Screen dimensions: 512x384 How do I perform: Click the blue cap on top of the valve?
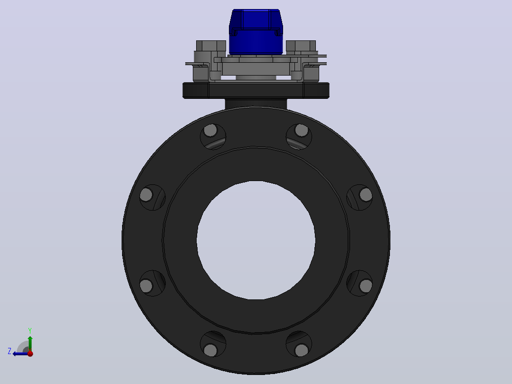[256, 32]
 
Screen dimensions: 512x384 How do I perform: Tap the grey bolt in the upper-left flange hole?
[210, 130]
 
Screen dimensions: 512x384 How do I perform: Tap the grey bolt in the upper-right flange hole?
[302, 130]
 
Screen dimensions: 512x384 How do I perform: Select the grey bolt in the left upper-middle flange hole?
[146, 195]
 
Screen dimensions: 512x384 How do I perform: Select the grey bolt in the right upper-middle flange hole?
[366, 195]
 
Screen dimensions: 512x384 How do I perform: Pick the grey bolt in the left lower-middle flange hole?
[146, 286]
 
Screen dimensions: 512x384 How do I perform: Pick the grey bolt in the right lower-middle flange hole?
[366, 286]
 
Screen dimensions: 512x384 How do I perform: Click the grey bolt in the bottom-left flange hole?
[210, 350]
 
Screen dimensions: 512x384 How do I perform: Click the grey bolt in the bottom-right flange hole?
[302, 350]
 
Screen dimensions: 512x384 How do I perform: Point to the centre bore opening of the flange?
[256, 240]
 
